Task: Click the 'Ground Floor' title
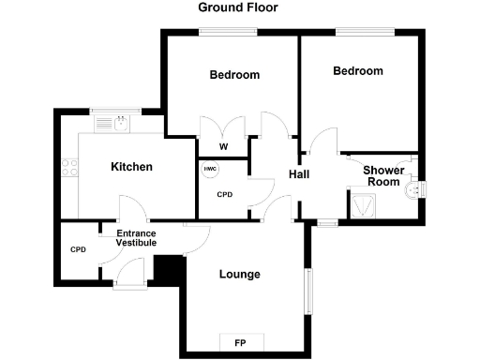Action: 238,7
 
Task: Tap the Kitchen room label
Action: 131,167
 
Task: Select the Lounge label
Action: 239,274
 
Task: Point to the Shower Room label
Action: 384,176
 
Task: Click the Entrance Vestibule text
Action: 136,238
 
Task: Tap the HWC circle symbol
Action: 210,169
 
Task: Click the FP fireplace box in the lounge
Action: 240,343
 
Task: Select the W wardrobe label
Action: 223,147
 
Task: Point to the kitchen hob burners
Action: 68,169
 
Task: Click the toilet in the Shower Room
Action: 412,190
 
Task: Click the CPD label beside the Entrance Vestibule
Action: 79,250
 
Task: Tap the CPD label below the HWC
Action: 224,195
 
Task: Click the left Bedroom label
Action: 234,75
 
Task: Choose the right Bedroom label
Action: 358,70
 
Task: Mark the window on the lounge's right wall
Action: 306,294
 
